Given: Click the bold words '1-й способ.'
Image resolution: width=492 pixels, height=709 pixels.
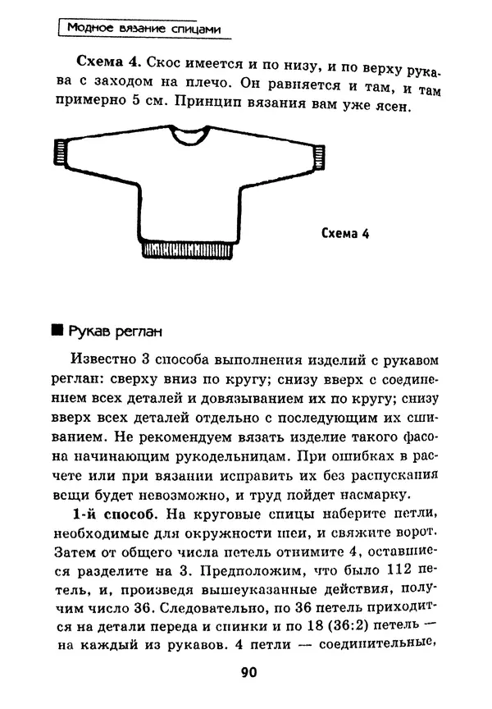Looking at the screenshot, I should pyautogui.click(x=112, y=515).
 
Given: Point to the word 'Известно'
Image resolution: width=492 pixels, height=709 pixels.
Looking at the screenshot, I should pyautogui.click(x=102, y=361).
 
